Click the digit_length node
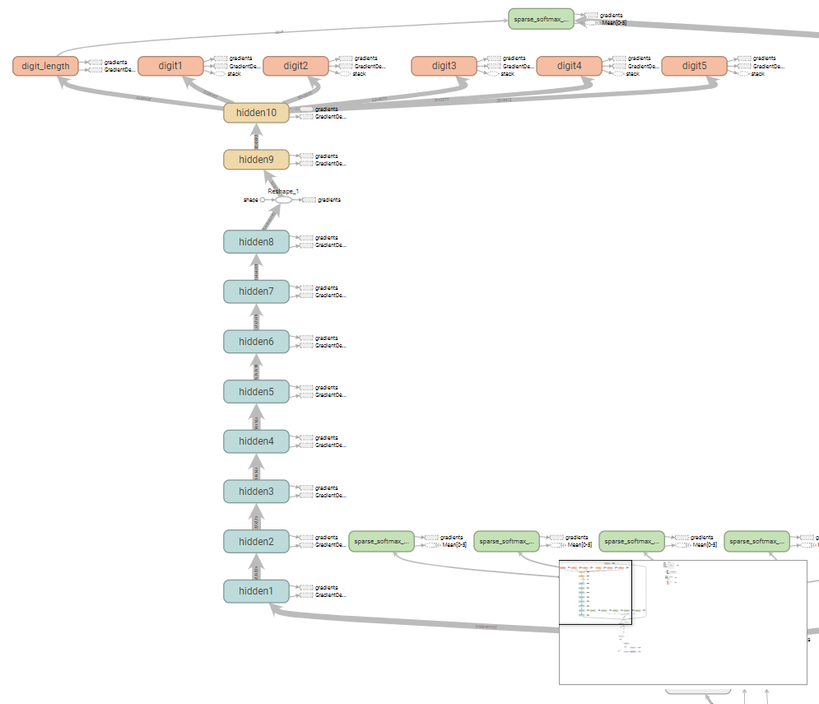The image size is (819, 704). click(45, 66)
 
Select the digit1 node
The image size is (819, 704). click(170, 66)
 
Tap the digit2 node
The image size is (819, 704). click(295, 66)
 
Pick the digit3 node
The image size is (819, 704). click(444, 66)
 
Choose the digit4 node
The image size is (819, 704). click(569, 66)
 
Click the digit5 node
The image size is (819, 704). click(694, 66)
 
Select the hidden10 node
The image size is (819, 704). click(256, 113)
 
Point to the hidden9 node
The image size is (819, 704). click(256, 160)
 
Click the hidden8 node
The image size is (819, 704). click(256, 241)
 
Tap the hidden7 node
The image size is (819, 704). click(256, 291)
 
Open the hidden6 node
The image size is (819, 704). click(256, 342)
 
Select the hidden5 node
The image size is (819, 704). click(256, 391)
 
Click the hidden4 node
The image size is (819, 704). click(256, 441)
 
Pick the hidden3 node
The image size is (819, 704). click(256, 492)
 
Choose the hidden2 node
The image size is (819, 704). click(256, 541)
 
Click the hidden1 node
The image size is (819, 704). click(256, 591)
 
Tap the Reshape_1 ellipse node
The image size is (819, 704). click(283, 200)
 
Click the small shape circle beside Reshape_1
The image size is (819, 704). click(263, 200)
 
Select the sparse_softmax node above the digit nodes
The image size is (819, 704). click(541, 18)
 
